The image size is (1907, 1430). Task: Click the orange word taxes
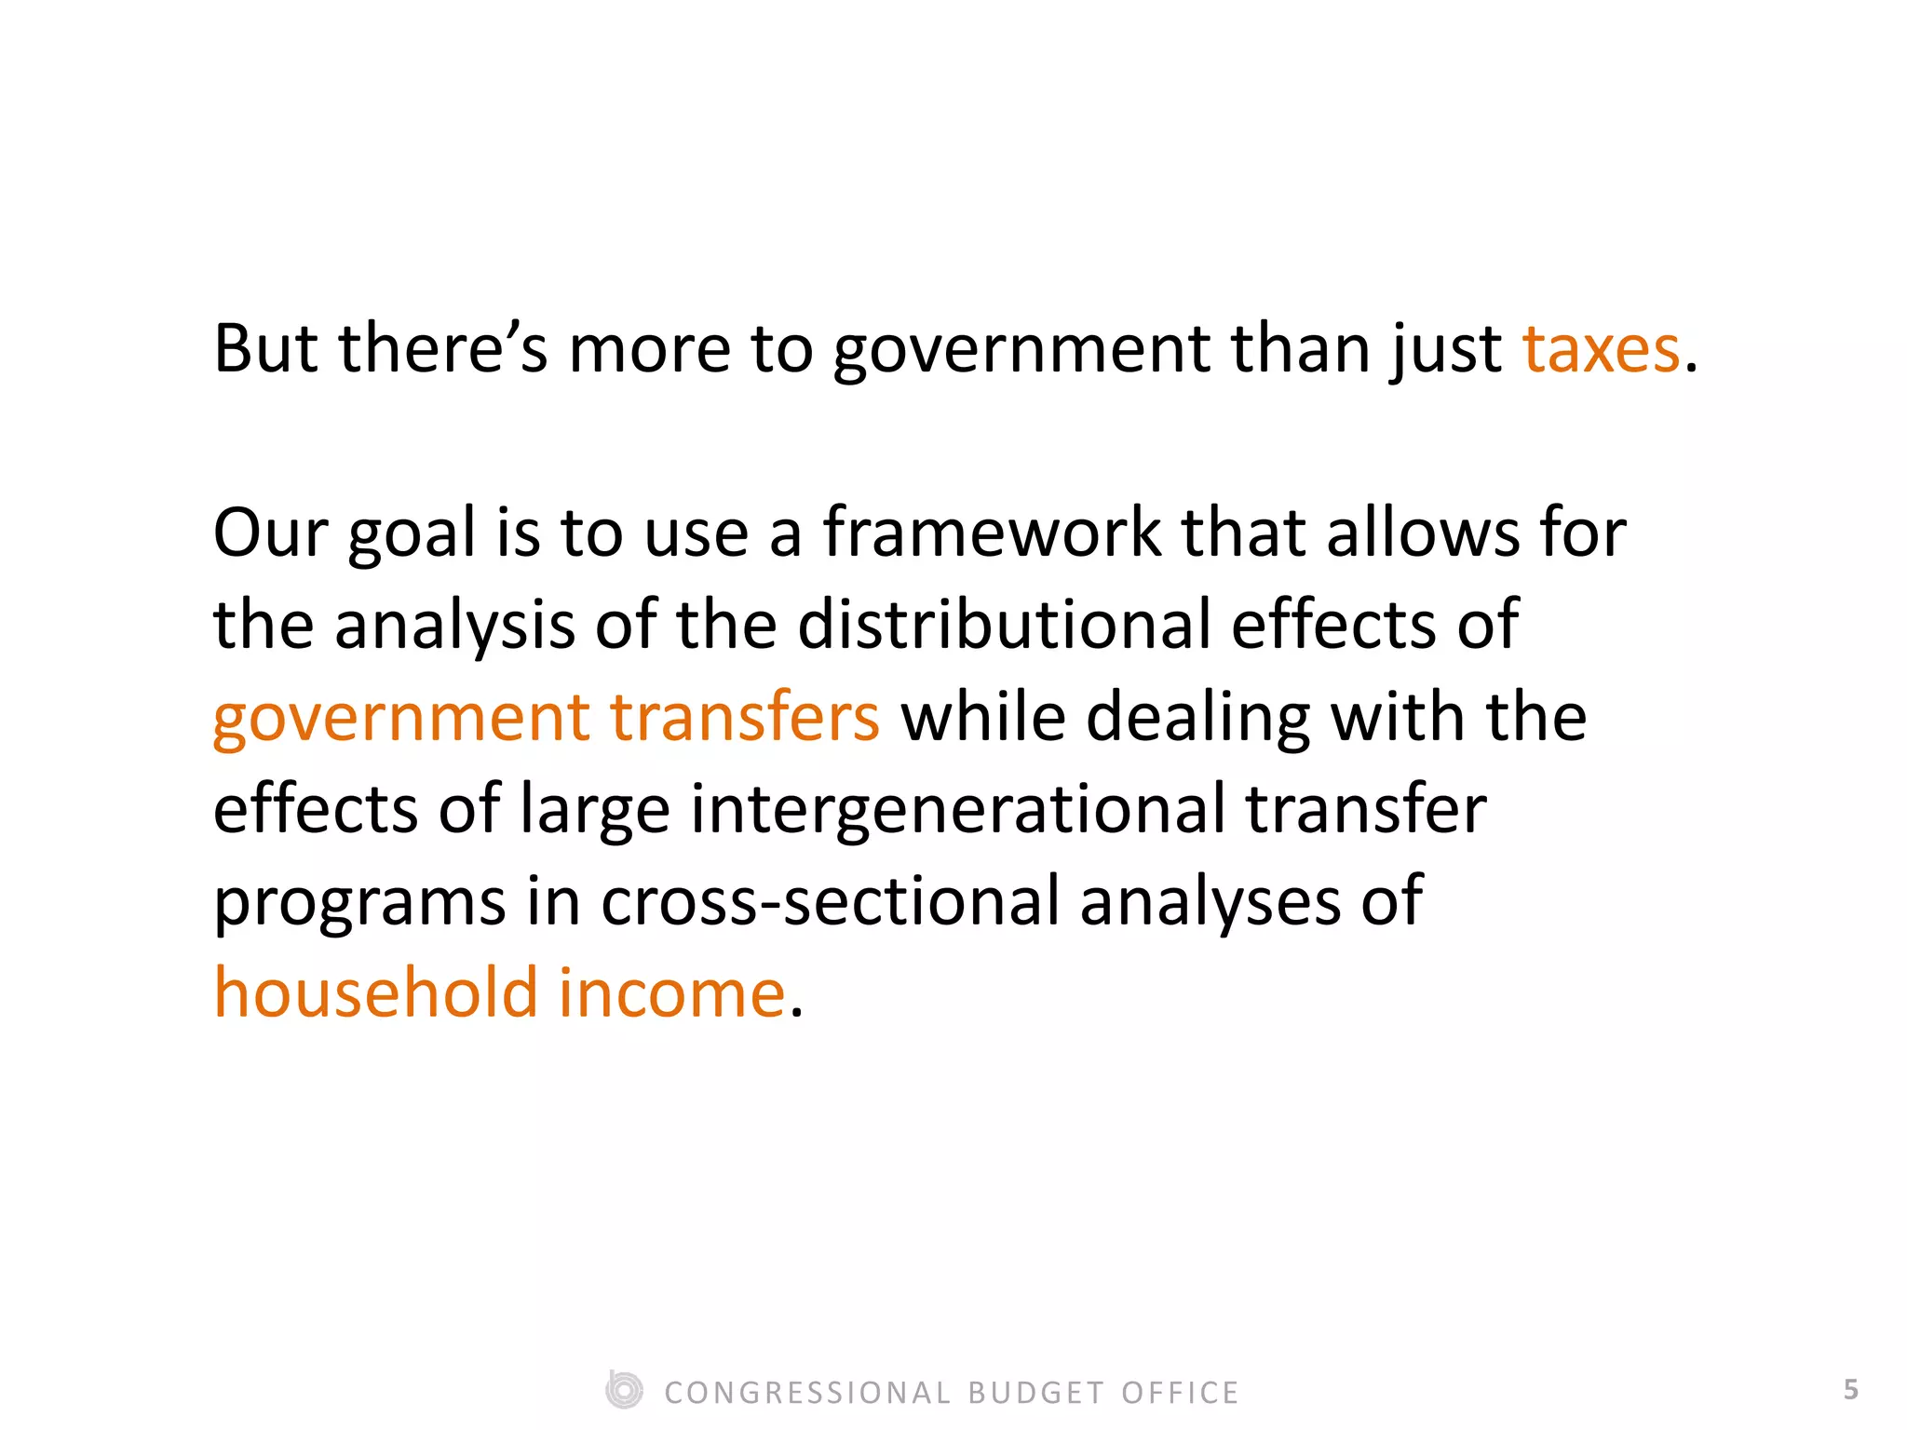1601,349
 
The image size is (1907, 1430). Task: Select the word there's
442,349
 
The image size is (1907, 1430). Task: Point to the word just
1447,351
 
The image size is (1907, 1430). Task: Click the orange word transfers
744,717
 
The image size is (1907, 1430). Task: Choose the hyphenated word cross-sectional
830,901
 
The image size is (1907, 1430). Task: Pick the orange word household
376,992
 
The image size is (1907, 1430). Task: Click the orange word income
671,992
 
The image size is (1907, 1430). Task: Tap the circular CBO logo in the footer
624,1391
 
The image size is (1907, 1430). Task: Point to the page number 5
1851,1390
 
